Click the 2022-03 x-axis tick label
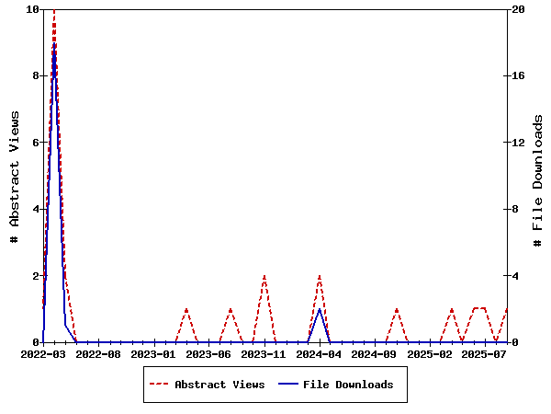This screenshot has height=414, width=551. [x=43, y=353]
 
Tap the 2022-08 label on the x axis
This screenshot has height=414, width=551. [x=98, y=353]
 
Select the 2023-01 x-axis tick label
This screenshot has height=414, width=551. [x=153, y=353]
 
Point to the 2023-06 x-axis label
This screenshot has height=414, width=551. [x=208, y=353]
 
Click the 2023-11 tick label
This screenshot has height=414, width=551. [x=264, y=353]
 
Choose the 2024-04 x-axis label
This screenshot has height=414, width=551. [x=320, y=353]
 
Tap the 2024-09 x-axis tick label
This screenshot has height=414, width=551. [x=375, y=353]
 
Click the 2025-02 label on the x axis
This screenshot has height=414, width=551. [x=430, y=353]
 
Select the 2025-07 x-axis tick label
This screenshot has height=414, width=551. [x=485, y=353]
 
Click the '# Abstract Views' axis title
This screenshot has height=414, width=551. [x=15, y=176]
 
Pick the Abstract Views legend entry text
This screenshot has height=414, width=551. [x=219, y=385]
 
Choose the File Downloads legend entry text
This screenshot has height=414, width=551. [x=348, y=385]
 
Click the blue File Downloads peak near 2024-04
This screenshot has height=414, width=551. [x=319, y=309]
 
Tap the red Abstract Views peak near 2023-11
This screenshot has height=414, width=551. [x=264, y=276]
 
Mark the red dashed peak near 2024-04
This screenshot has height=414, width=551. [x=320, y=276]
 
